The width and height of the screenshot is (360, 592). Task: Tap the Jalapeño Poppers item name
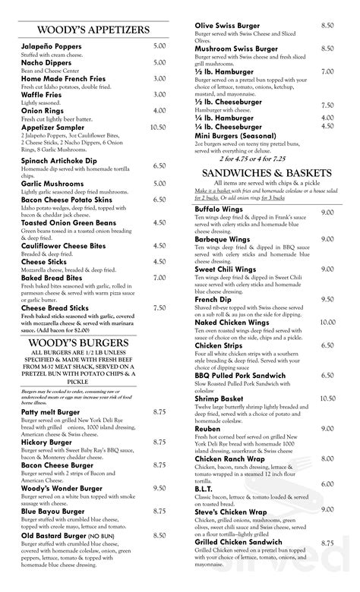tap(52, 46)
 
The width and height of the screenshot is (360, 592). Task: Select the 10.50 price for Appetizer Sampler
tap(159, 128)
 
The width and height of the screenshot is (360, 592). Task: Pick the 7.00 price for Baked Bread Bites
tap(159, 278)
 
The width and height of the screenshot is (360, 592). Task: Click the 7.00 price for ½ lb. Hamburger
tap(327, 72)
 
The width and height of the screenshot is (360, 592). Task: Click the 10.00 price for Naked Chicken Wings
tap(327, 322)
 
